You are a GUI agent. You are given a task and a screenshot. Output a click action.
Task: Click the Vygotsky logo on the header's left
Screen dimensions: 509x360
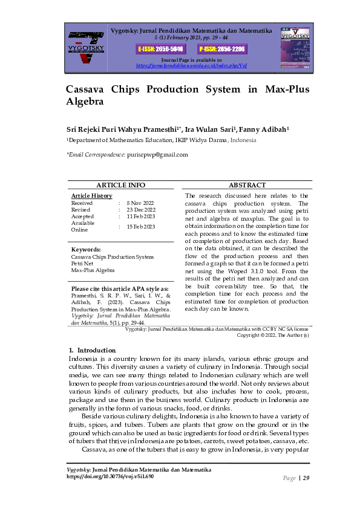86,47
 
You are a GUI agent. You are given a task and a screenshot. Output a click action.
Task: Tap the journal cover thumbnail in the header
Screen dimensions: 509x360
293,47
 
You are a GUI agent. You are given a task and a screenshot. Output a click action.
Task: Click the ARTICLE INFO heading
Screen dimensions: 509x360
121,186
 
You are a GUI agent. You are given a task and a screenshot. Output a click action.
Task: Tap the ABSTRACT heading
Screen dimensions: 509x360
247,186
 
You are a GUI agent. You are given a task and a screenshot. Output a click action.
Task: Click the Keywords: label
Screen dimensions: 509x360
86,250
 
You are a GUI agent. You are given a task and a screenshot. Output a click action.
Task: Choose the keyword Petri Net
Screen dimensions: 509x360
82,264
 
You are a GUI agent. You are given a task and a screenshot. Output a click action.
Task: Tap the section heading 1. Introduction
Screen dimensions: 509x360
92,351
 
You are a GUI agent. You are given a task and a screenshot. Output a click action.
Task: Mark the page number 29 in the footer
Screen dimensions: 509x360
306,478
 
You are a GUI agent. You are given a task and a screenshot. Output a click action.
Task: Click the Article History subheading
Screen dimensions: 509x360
91,196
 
